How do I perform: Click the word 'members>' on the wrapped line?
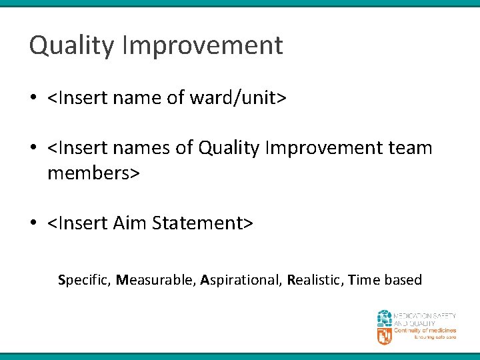pyautogui.click(x=93, y=173)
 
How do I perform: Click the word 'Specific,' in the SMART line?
pyautogui.click(x=85, y=280)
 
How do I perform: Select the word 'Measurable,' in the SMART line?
pyautogui.click(x=155, y=280)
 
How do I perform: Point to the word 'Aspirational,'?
pyautogui.click(x=241, y=280)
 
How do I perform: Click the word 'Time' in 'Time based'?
pyautogui.click(x=364, y=280)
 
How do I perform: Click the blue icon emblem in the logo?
pyautogui.click(x=385, y=318)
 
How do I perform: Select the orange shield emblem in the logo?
pyautogui.click(x=385, y=336)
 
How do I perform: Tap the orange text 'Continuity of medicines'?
pyautogui.click(x=425, y=331)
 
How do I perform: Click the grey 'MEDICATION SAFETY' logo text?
pyautogui.click(x=425, y=315)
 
